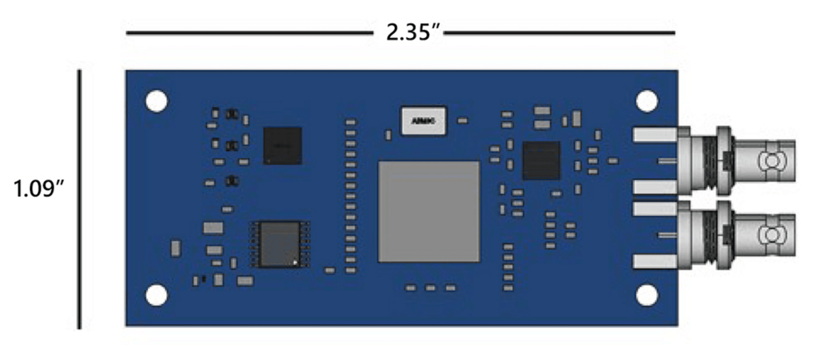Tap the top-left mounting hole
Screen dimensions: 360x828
click(x=156, y=101)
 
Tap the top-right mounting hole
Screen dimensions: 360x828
click(x=647, y=101)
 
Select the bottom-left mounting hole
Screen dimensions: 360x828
click(x=156, y=295)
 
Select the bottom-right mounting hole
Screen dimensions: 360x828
click(x=647, y=295)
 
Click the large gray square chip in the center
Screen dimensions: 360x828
click(x=429, y=211)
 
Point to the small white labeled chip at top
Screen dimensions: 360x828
click(x=425, y=120)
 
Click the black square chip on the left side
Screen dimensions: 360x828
click(x=282, y=146)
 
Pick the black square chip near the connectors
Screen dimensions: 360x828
click(x=541, y=160)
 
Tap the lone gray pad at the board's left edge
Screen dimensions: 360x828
click(x=176, y=248)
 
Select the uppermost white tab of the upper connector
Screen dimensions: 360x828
click(x=654, y=135)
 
